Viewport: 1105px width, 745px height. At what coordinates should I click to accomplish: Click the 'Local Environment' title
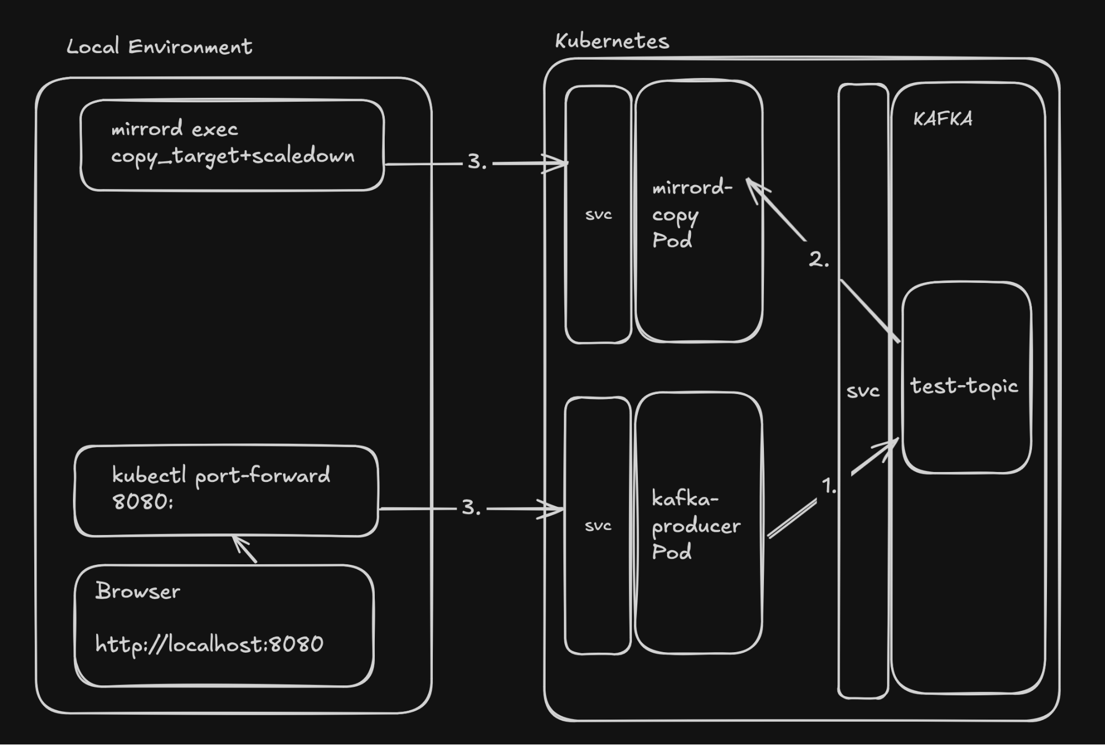pyautogui.click(x=159, y=46)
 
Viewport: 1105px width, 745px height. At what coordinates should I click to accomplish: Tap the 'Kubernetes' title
pyautogui.click(x=612, y=41)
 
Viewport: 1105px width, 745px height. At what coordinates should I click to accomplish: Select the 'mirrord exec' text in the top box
pyautogui.click(x=175, y=129)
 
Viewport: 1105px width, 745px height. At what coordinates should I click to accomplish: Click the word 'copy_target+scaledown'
pyautogui.click(x=233, y=156)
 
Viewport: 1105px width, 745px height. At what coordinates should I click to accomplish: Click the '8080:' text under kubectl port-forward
pyautogui.click(x=143, y=502)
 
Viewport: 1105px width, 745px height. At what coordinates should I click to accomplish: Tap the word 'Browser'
pyautogui.click(x=138, y=591)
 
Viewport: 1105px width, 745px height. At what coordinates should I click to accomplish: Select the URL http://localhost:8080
pyautogui.click(x=209, y=644)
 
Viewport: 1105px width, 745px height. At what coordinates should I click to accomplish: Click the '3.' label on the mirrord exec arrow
pyautogui.click(x=476, y=162)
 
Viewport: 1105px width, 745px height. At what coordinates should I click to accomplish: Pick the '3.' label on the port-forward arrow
pyautogui.click(x=471, y=508)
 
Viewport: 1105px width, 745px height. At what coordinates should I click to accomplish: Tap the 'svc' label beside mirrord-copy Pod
pyautogui.click(x=599, y=214)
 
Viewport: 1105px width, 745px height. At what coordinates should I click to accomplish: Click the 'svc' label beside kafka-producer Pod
pyautogui.click(x=598, y=526)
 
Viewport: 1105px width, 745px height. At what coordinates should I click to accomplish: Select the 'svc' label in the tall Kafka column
pyautogui.click(x=863, y=391)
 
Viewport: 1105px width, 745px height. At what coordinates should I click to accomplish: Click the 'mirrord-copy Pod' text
pyautogui.click(x=691, y=214)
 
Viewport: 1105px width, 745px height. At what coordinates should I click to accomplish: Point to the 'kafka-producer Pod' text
pyautogui.click(x=695, y=525)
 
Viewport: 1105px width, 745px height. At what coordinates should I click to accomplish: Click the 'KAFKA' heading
pyautogui.click(x=942, y=119)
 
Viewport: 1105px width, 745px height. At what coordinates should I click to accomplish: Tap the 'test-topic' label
pyautogui.click(x=964, y=386)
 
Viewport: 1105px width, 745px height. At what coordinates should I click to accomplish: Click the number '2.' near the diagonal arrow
pyautogui.click(x=819, y=259)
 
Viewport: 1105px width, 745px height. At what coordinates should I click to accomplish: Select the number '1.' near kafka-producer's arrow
pyautogui.click(x=829, y=486)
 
